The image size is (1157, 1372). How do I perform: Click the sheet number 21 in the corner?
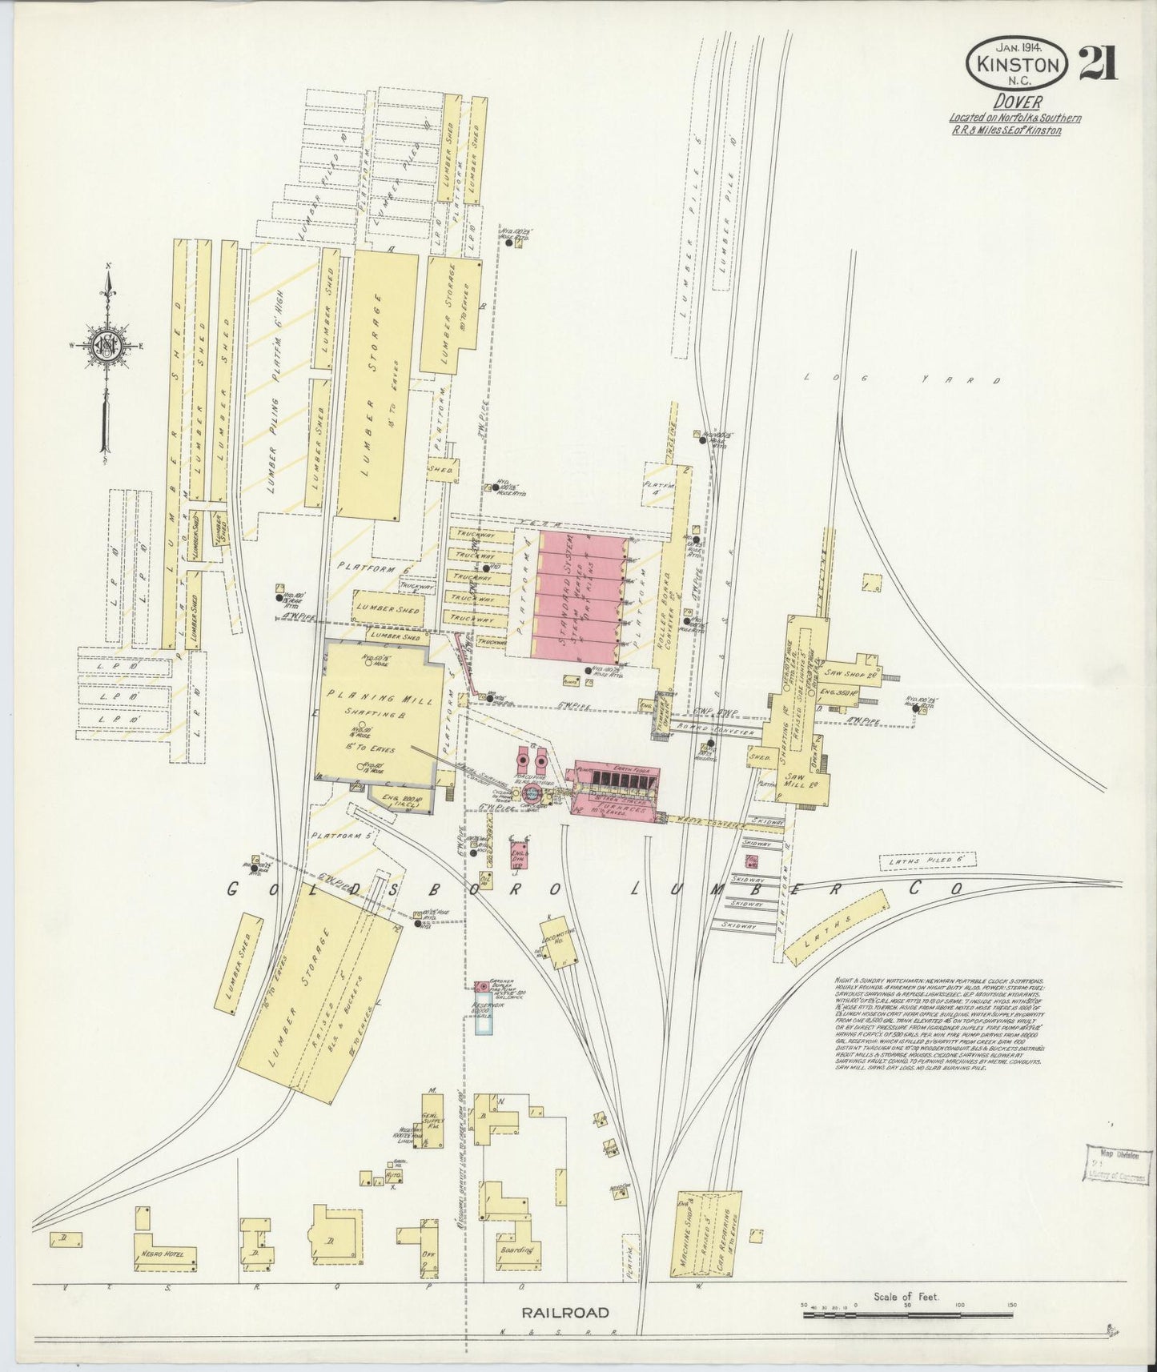1099,64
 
